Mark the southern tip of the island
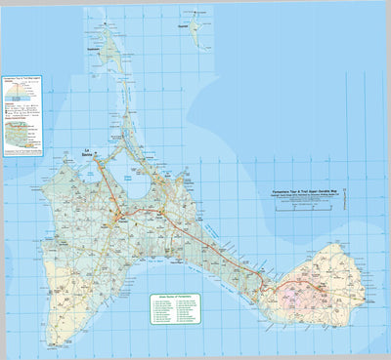point(56,341)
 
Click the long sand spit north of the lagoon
point(128,117)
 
